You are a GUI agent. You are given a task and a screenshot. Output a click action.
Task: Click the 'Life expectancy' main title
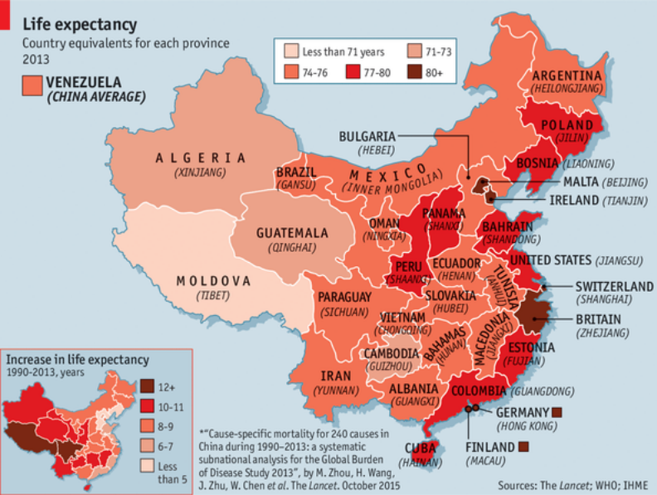80,23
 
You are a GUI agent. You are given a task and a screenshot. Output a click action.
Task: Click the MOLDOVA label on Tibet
213,281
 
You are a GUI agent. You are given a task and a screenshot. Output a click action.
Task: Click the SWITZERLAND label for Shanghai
614,286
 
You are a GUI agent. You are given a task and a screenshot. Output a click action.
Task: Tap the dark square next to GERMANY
557,412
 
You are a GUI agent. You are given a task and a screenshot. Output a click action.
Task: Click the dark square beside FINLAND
523,448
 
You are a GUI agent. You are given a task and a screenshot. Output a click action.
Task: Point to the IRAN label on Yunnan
337,375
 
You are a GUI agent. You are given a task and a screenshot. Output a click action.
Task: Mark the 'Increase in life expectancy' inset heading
78,360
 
